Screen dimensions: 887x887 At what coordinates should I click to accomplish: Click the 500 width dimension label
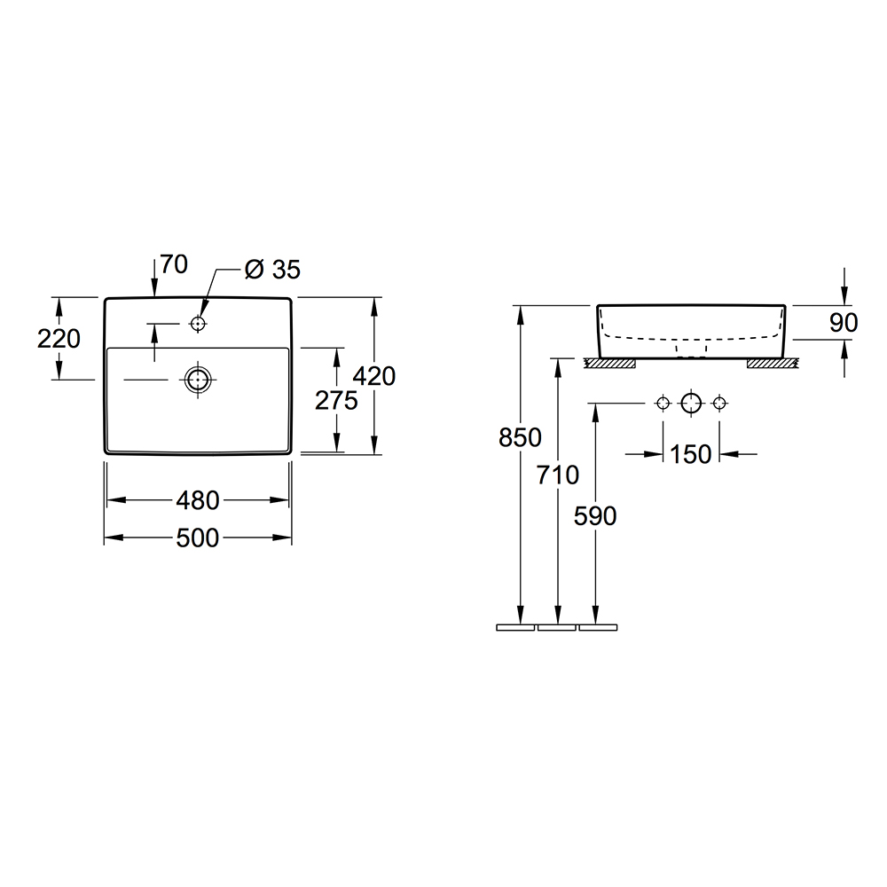pos(198,538)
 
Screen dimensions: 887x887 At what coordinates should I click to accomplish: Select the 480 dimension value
pos(198,500)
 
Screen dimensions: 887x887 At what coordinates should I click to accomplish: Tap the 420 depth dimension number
pos(374,376)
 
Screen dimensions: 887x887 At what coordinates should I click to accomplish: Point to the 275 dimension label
pos(336,401)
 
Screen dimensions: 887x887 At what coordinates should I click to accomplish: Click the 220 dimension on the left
pos(59,339)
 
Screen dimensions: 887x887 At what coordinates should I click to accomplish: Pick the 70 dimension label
pos(174,264)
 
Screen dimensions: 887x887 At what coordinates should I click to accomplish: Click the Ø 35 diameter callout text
pos(272,270)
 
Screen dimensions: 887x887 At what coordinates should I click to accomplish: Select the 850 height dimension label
pos(520,437)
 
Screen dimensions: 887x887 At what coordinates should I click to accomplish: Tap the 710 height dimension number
pos(558,475)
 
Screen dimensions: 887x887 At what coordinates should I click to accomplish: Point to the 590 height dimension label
pos(595,516)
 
